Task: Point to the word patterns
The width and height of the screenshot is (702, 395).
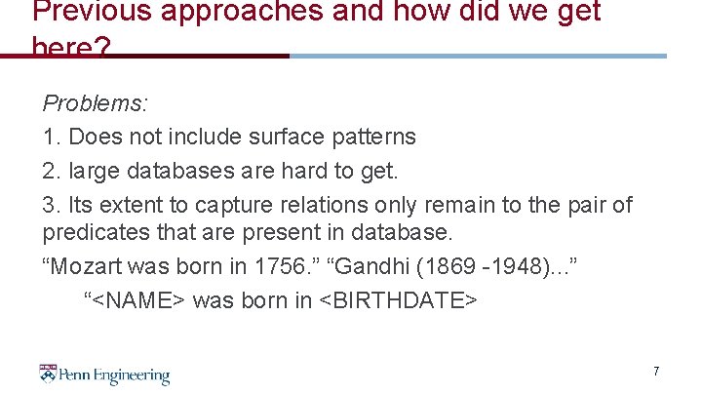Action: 374,137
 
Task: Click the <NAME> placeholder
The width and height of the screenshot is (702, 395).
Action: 138,299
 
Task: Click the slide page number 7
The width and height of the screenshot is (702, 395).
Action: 656,372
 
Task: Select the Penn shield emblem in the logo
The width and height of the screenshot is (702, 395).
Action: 48,374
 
